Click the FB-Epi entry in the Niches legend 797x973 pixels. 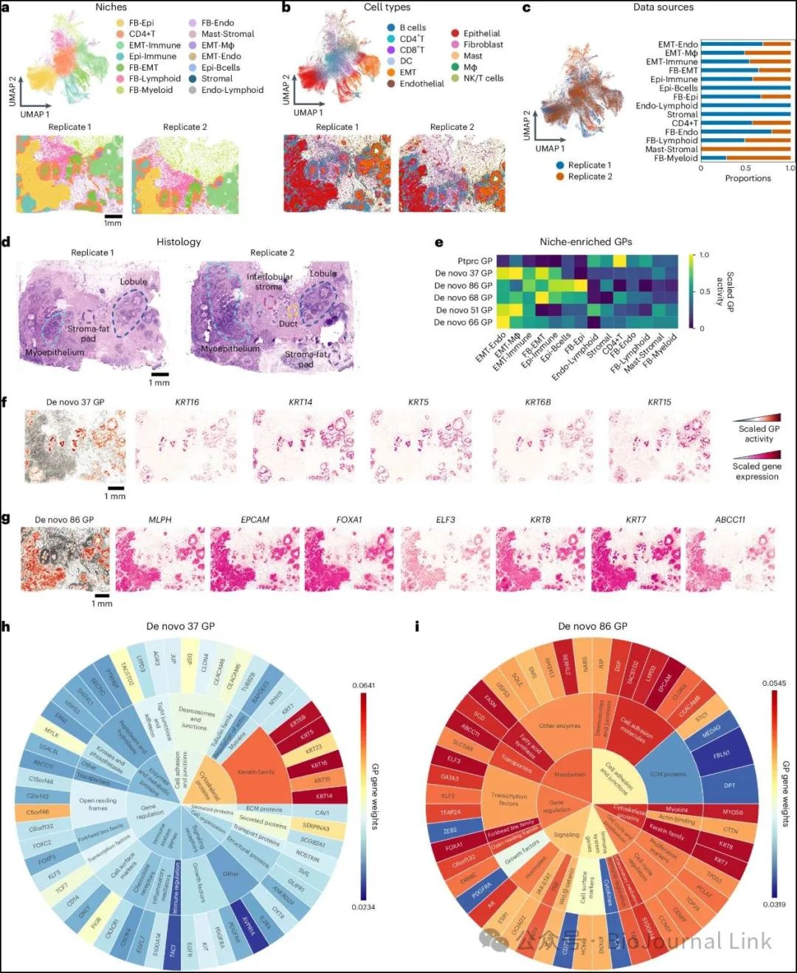[x=141, y=23]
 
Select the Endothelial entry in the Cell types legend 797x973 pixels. [x=421, y=83]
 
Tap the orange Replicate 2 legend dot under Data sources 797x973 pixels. [x=561, y=176]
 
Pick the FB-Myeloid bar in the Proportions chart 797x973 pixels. [x=745, y=158]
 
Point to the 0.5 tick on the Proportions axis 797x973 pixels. [x=746, y=168]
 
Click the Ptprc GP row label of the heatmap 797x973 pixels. [x=475, y=261]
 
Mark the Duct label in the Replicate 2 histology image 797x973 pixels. [x=289, y=323]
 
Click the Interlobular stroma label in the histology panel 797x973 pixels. [x=269, y=281]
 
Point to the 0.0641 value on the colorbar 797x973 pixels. [x=363, y=685]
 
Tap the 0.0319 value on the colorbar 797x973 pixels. [x=773, y=904]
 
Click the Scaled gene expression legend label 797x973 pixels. [x=756, y=471]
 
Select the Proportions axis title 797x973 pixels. [x=748, y=179]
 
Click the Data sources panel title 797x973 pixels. [x=663, y=7]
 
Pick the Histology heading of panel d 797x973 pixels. [x=179, y=241]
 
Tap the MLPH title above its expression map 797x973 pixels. [x=160, y=520]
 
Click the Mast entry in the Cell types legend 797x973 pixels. [x=472, y=56]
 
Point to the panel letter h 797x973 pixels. [x=6, y=627]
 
